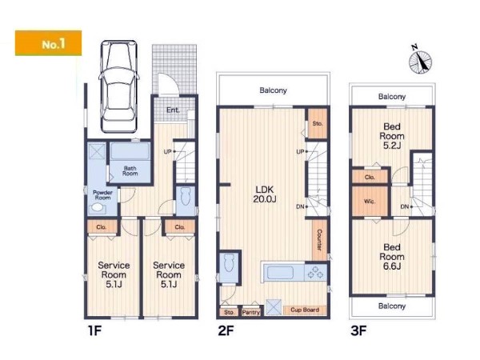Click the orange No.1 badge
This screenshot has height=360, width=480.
(x=48, y=43)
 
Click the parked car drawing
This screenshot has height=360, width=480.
(x=118, y=86)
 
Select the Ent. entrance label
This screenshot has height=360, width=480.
(x=173, y=110)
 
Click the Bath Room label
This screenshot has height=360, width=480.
(x=130, y=171)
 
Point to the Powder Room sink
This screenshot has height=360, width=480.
(x=98, y=207)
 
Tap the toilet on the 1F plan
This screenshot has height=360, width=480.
(x=186, y=197)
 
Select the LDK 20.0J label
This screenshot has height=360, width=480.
(x=265, y=194)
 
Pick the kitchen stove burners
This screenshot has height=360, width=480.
(x=315, y=272)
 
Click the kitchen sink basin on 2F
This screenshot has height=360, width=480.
(x=281, y=273)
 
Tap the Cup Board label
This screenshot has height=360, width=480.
(x=305, y=310)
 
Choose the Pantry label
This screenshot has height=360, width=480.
(x=250, y=312)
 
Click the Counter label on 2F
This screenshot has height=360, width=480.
(x=319, y=240)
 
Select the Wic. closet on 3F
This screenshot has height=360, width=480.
(x=370, y=202)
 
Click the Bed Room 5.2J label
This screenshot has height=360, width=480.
(x=392, y=136)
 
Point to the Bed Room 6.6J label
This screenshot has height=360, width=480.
(x=392, y=257)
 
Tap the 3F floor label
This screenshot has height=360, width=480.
(x=358, y=331)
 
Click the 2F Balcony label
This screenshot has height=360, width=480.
(x=273, y=90)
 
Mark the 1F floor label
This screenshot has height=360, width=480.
(x=94, y=331)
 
